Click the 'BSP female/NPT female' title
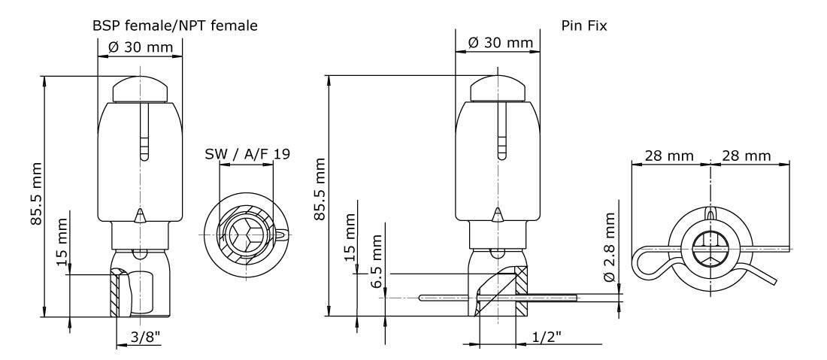pos(175,26)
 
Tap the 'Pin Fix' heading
pos(584,26)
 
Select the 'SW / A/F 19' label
pos(247,153)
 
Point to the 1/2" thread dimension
pos(546,336)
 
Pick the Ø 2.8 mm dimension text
pos(610,247)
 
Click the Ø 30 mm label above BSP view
pos(141,47)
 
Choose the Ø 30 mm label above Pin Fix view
pos(501,42)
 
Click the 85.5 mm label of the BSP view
pos(36,193)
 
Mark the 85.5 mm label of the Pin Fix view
pos(320,189)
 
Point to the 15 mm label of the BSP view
pos(62,241)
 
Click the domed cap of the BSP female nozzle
pos(141,89)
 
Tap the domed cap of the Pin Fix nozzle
pos(498,89)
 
